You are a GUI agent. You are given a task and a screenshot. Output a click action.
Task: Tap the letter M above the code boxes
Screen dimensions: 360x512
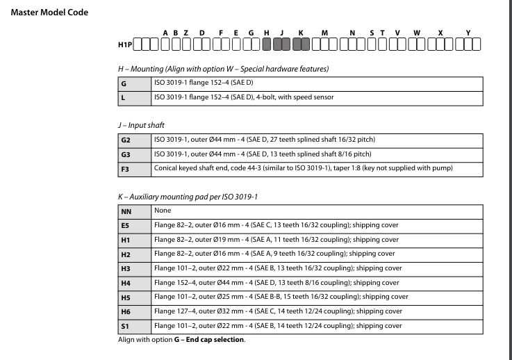[324, 33]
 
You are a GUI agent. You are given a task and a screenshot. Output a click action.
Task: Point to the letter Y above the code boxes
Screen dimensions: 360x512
[468, 33]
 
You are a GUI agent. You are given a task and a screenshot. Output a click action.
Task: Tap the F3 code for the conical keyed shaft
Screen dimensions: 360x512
[124, 167]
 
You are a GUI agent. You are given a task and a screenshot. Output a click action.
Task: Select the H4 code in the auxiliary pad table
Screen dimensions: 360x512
[124, 282]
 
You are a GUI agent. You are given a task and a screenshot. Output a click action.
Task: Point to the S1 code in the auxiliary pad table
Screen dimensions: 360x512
[124, 327]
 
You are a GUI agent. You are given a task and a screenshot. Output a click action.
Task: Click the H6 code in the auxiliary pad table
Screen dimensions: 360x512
[124, 312]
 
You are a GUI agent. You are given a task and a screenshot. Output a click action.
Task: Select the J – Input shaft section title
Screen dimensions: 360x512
[143, 124]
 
